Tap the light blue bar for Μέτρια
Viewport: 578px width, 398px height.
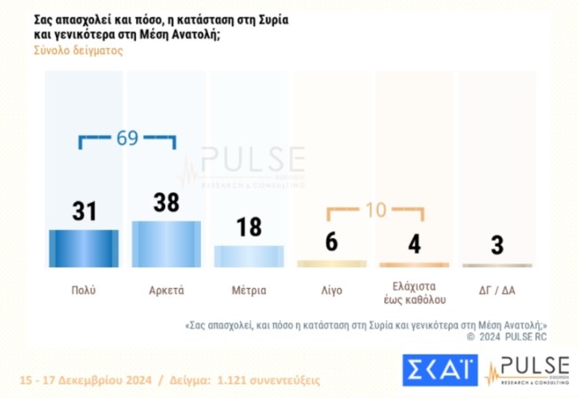point(249,257)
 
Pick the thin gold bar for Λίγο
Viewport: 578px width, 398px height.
point(332,264)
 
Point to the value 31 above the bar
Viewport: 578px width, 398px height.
point(83,211)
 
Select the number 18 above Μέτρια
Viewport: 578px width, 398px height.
point(249,227)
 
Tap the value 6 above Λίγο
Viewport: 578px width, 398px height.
point(332,243)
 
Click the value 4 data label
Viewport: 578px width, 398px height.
point(414,245)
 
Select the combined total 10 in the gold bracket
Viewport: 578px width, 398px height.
point(373,211)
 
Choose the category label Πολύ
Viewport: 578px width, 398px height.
point(83,291)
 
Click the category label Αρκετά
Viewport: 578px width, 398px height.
point(166,291)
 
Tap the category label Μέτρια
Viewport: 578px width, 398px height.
point(249,291)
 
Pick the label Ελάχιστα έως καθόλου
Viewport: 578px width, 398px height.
point(414,291)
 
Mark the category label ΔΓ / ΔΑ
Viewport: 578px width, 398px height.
point(497,291)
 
